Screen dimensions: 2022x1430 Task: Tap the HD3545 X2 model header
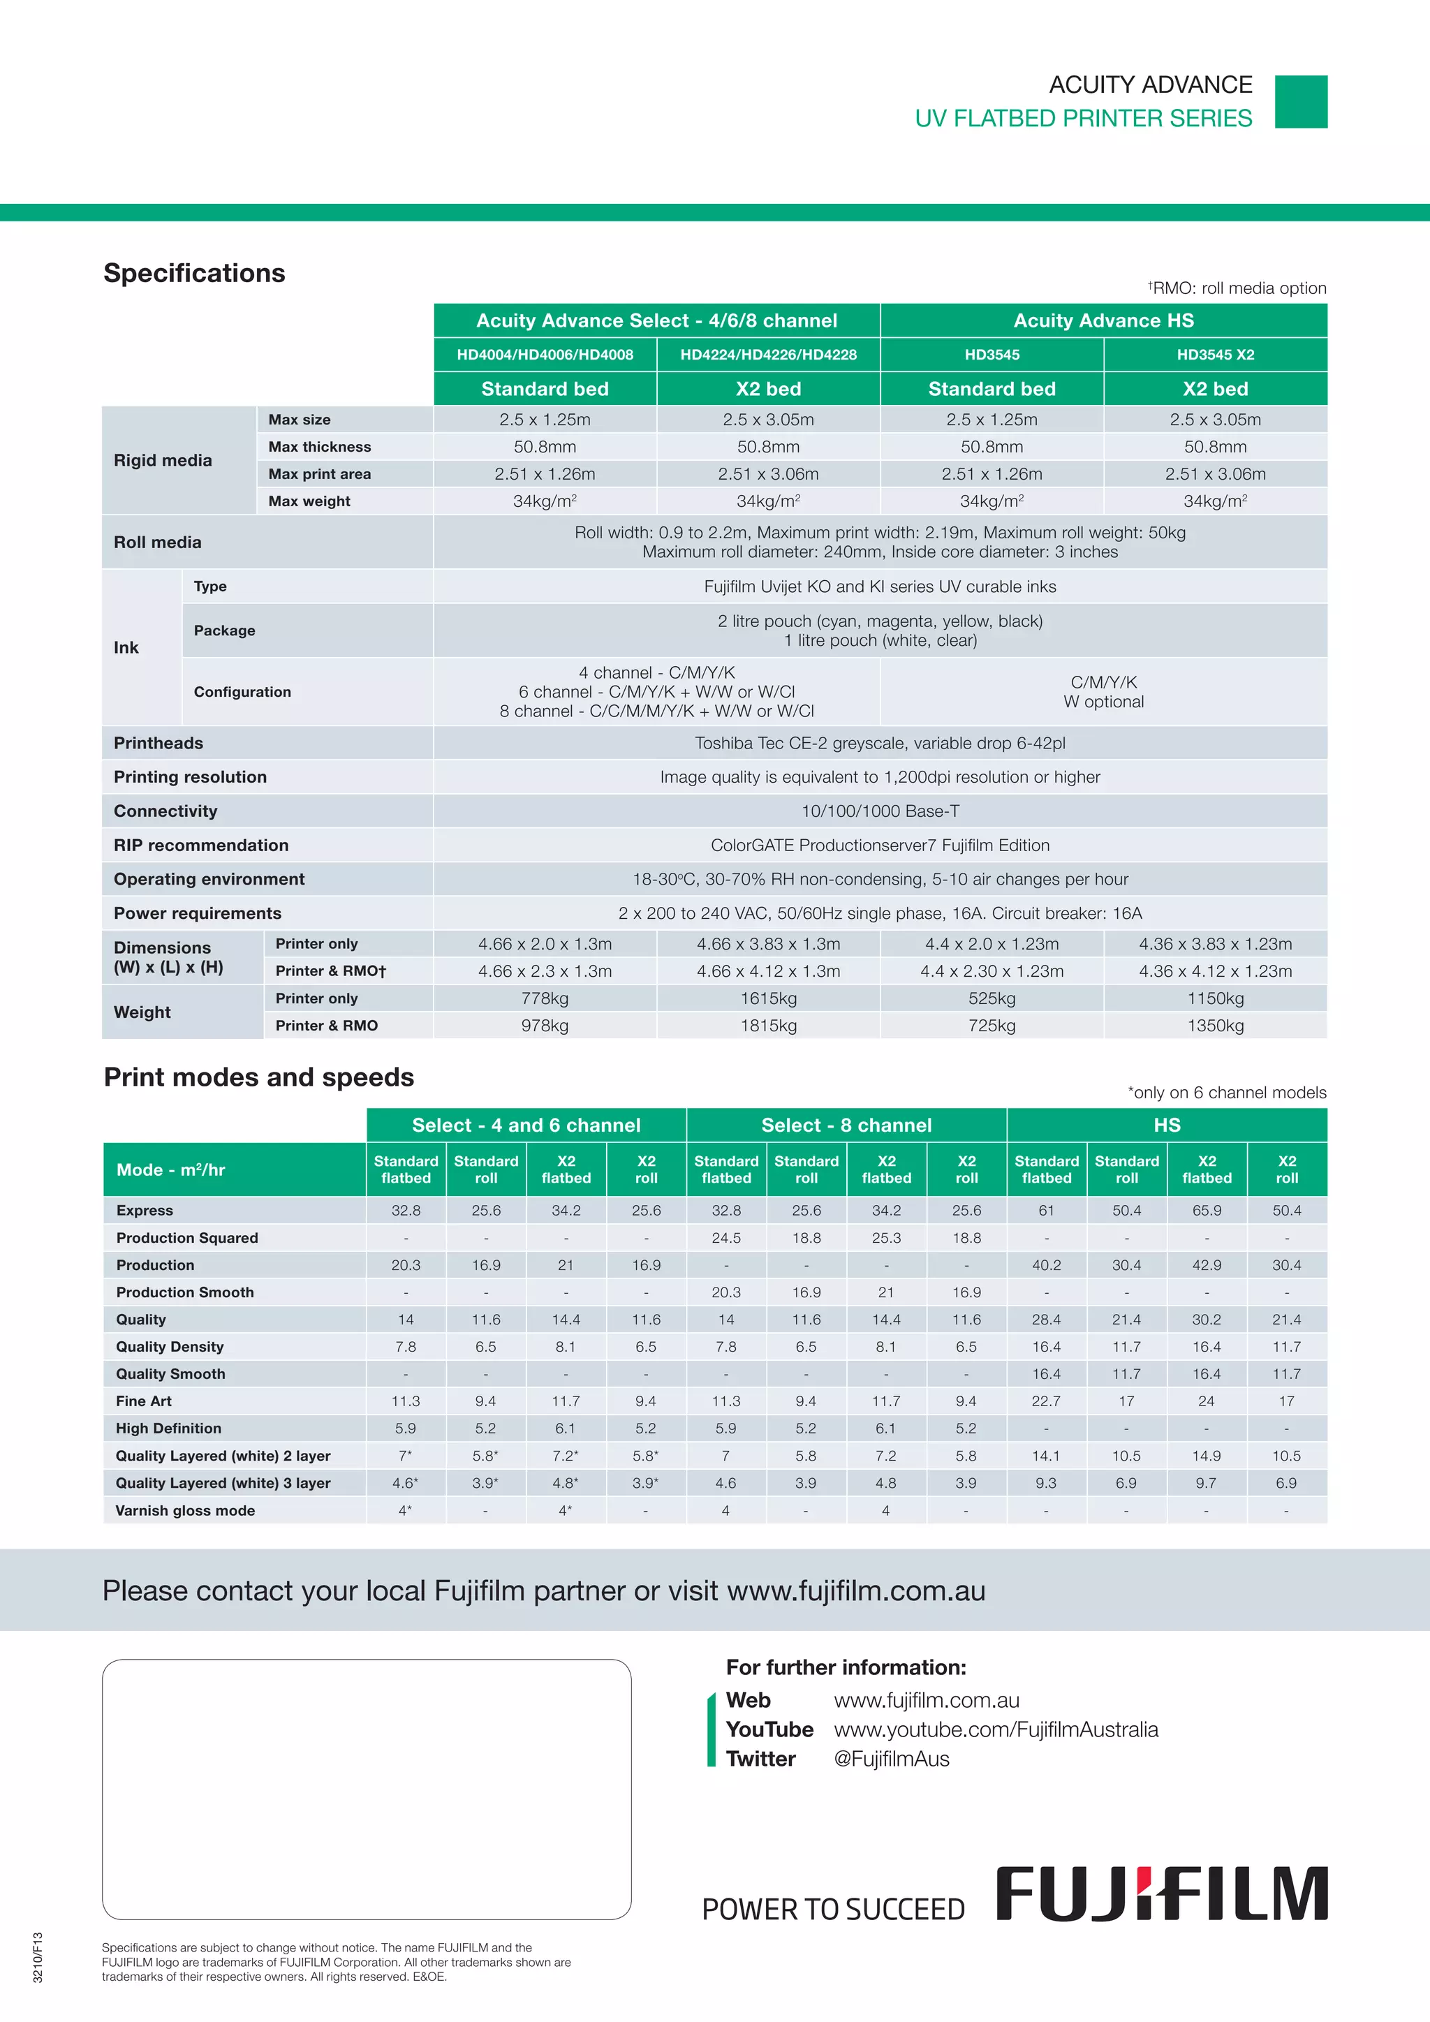click(1215, 355)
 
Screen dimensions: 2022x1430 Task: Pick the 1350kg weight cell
click(1215, 1026)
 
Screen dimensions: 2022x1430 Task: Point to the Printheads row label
click(159, 744)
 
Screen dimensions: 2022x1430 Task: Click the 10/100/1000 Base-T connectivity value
click(880, 811)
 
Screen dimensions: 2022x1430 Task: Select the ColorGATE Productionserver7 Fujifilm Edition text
click(880, 846)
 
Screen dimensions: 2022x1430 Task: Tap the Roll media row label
click(158, 543)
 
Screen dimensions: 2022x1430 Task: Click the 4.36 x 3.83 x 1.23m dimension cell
click(1215, 944)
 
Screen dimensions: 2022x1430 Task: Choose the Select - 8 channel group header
click(846, 1126)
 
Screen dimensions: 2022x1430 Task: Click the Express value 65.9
click(1207, 1211)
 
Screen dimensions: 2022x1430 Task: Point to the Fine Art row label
click(144, 1401)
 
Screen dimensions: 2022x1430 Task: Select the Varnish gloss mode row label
click(185, 1510)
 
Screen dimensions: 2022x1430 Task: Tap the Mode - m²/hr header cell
click(171, 1170)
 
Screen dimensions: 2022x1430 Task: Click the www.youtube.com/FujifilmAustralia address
click(996, 1729)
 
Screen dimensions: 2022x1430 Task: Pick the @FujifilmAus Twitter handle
click(891, 1759)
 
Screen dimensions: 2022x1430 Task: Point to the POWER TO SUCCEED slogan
click(833, 1910)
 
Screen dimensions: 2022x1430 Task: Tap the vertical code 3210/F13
click(38, 1957)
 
